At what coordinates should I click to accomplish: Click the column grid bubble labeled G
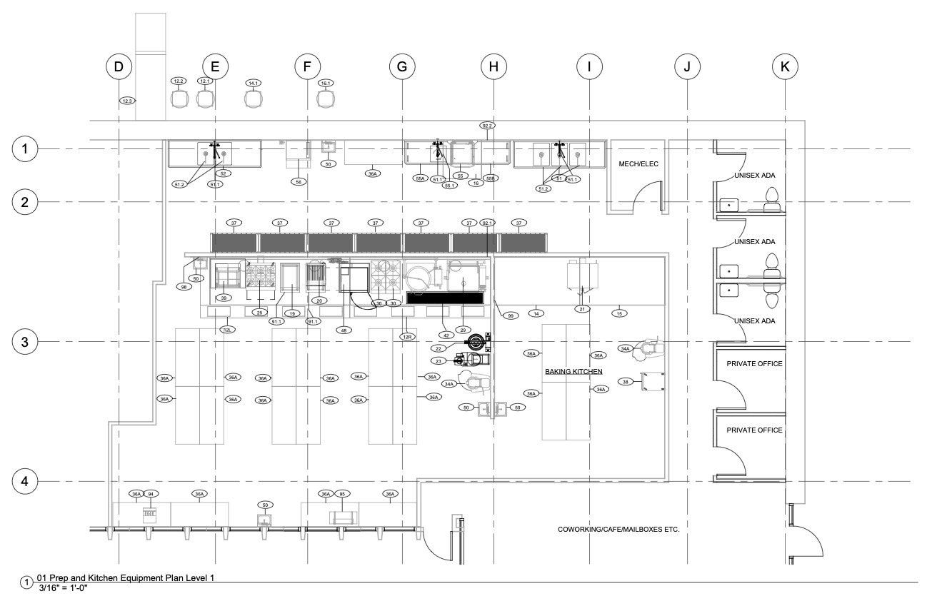[402, 67]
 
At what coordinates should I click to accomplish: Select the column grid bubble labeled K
[785, 67]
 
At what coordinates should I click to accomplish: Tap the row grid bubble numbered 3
[25, 342]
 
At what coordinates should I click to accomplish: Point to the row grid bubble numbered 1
[25, 149]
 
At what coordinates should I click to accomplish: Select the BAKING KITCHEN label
[573, 372]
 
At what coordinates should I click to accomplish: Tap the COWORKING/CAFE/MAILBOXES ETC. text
[618, 530]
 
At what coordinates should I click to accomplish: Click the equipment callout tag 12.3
[127, 101]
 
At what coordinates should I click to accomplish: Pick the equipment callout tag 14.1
[253, 84]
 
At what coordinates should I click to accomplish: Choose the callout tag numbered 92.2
[488, 126]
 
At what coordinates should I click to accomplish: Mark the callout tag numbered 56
[299, 182]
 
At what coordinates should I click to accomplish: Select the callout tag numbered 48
[346, 330]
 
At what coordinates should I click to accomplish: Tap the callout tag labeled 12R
[407, 336]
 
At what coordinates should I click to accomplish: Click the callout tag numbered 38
[626, 382]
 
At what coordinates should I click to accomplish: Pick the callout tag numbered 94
[151, 494]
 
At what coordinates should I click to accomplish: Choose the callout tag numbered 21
[583, 308]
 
